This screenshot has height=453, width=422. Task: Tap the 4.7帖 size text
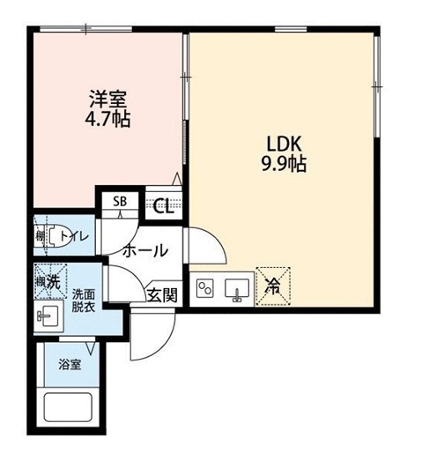pyautogui.click(x=108, y=119)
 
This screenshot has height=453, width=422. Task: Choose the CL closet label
pyautogui.click(x=162, y=206)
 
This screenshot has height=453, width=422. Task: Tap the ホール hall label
pyautogui.click(x=145, y=249)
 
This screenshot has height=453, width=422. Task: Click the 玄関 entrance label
pyautogui.click(x=161, y=293)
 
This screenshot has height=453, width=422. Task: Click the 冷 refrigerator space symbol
pyautogui.click(x=272, y=286)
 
